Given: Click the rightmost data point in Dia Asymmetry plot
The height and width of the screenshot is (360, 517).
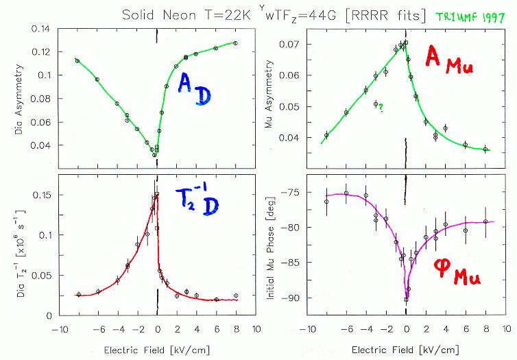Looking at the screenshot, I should (236, 43).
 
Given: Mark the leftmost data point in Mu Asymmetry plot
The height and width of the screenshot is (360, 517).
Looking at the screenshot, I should (326, 135).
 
